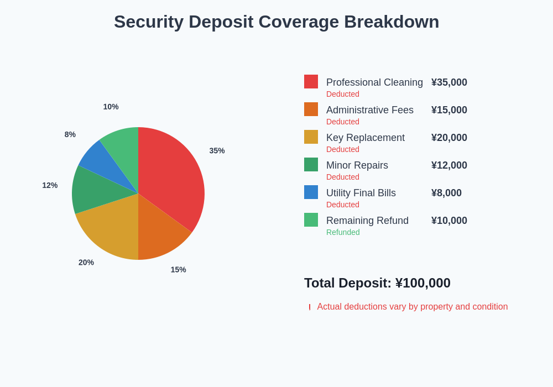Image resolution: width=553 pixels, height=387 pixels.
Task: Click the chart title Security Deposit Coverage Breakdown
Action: point(276,22)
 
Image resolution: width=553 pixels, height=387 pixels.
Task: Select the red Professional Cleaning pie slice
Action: point(174,177)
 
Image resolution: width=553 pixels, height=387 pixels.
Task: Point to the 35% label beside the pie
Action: point(217,150)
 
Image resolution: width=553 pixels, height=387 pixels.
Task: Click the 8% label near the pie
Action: point(70,134)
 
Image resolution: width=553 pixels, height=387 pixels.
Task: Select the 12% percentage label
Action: point(50,185)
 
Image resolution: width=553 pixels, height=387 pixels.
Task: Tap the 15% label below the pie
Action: point(178,270)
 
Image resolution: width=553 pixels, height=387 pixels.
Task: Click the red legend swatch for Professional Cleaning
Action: point(311,82)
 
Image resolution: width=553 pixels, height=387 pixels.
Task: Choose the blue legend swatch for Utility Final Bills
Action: point(311,192)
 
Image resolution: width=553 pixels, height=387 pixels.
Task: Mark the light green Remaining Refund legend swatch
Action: point(311,220)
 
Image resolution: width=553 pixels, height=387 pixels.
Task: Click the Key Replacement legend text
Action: point(366,138)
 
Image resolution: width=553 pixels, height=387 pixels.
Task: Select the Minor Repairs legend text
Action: point(357,165)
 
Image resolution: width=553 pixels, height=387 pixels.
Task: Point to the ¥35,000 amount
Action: point(449,82)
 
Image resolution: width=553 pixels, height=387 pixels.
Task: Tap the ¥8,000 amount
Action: point(446,193)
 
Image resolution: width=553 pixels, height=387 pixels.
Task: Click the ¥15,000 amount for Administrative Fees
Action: point(449,110)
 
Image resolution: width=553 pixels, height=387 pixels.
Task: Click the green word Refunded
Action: point(343,232)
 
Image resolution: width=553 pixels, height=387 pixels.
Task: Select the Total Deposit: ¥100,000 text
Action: point(377,283)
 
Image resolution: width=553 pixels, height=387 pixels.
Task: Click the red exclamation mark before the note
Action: point(310,307)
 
